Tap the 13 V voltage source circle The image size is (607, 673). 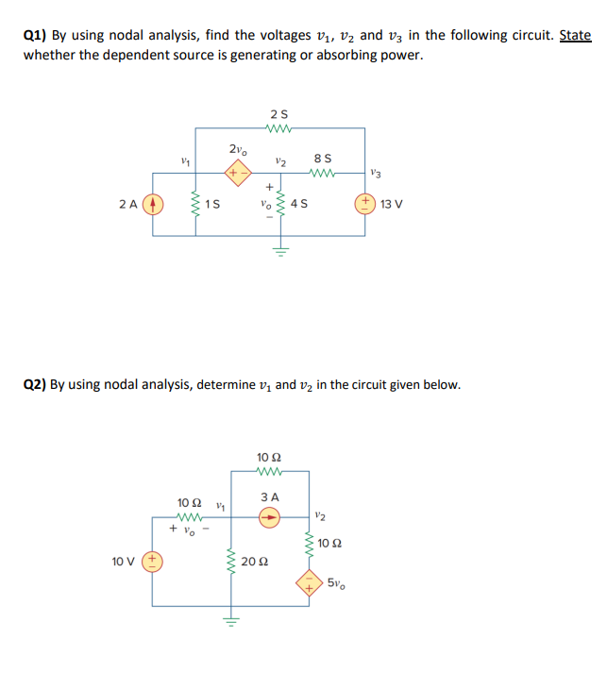(364, 202)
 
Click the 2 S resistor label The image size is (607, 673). (276, 115)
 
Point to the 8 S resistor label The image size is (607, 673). (322, 156)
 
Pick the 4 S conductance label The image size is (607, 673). (300, 203)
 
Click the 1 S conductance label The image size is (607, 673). (214, 203)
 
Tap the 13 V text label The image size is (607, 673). (390, 203)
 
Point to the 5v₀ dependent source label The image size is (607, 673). (337, 580)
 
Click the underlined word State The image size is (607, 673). (575, 36)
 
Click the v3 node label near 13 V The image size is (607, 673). (377, 173)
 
